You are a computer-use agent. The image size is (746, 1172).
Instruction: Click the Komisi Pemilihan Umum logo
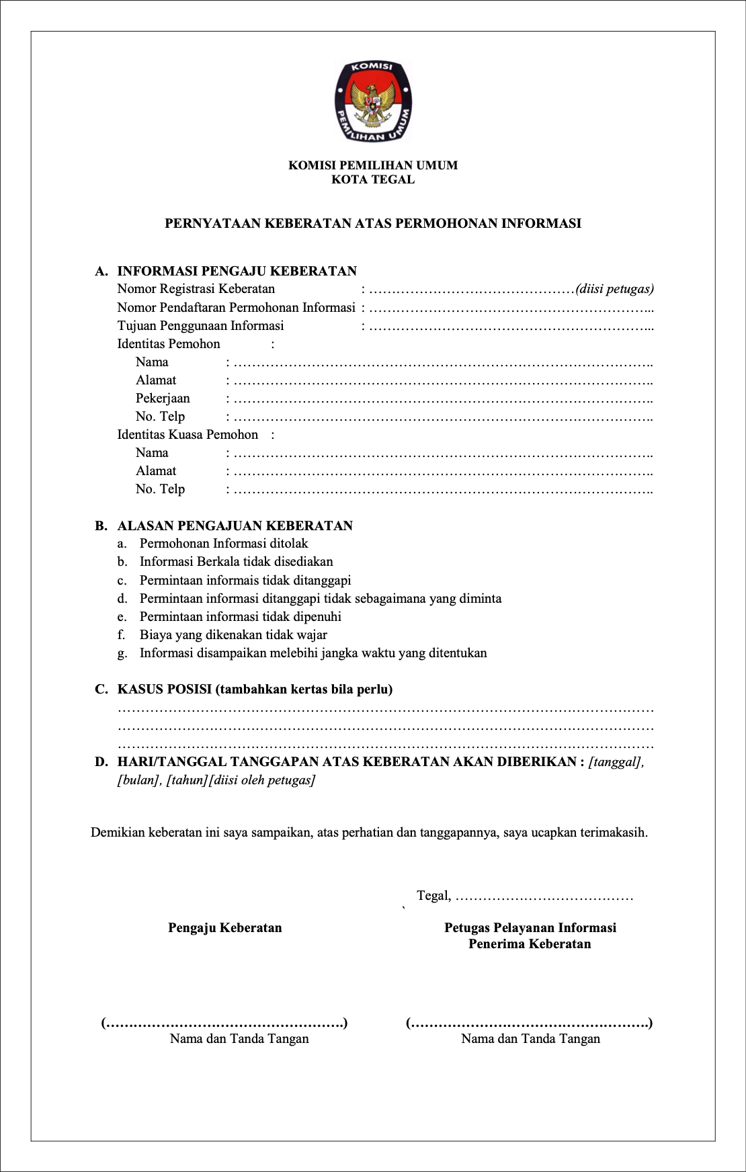pos(373,101)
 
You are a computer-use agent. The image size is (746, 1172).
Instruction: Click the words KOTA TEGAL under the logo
pos(373,179)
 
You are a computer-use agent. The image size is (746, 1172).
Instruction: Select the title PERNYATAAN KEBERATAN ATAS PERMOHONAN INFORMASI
pos(373,224)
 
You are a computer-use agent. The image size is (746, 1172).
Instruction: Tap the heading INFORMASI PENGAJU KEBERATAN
pos(237,271)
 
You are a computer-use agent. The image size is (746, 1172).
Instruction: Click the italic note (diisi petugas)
pos(614,289)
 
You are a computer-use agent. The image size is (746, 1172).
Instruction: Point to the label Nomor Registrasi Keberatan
pos(196,289)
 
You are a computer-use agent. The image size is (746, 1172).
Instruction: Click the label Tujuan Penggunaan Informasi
pos(200,326)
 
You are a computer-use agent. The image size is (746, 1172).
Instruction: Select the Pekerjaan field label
pos(163,399)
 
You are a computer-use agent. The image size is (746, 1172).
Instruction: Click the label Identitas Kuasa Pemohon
pos(188,435)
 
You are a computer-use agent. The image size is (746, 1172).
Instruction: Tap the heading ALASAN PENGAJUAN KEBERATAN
pos(235,526)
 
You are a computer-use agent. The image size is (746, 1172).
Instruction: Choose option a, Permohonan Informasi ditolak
pos(224,544)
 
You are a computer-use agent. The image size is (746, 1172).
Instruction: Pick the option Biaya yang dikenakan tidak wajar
pos(233,635)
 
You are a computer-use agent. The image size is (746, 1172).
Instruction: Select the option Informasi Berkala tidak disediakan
pos(236,562)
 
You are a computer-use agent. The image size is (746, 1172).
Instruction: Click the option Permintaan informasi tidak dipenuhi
pos(240,617)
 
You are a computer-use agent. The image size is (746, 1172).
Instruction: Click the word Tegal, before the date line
pos(433,896)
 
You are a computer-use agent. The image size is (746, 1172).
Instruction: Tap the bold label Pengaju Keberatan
pos(224,928)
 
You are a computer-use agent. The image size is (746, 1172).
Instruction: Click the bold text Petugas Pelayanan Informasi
pos(530,928)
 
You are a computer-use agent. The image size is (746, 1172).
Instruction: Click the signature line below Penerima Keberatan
pos(529,1023)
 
